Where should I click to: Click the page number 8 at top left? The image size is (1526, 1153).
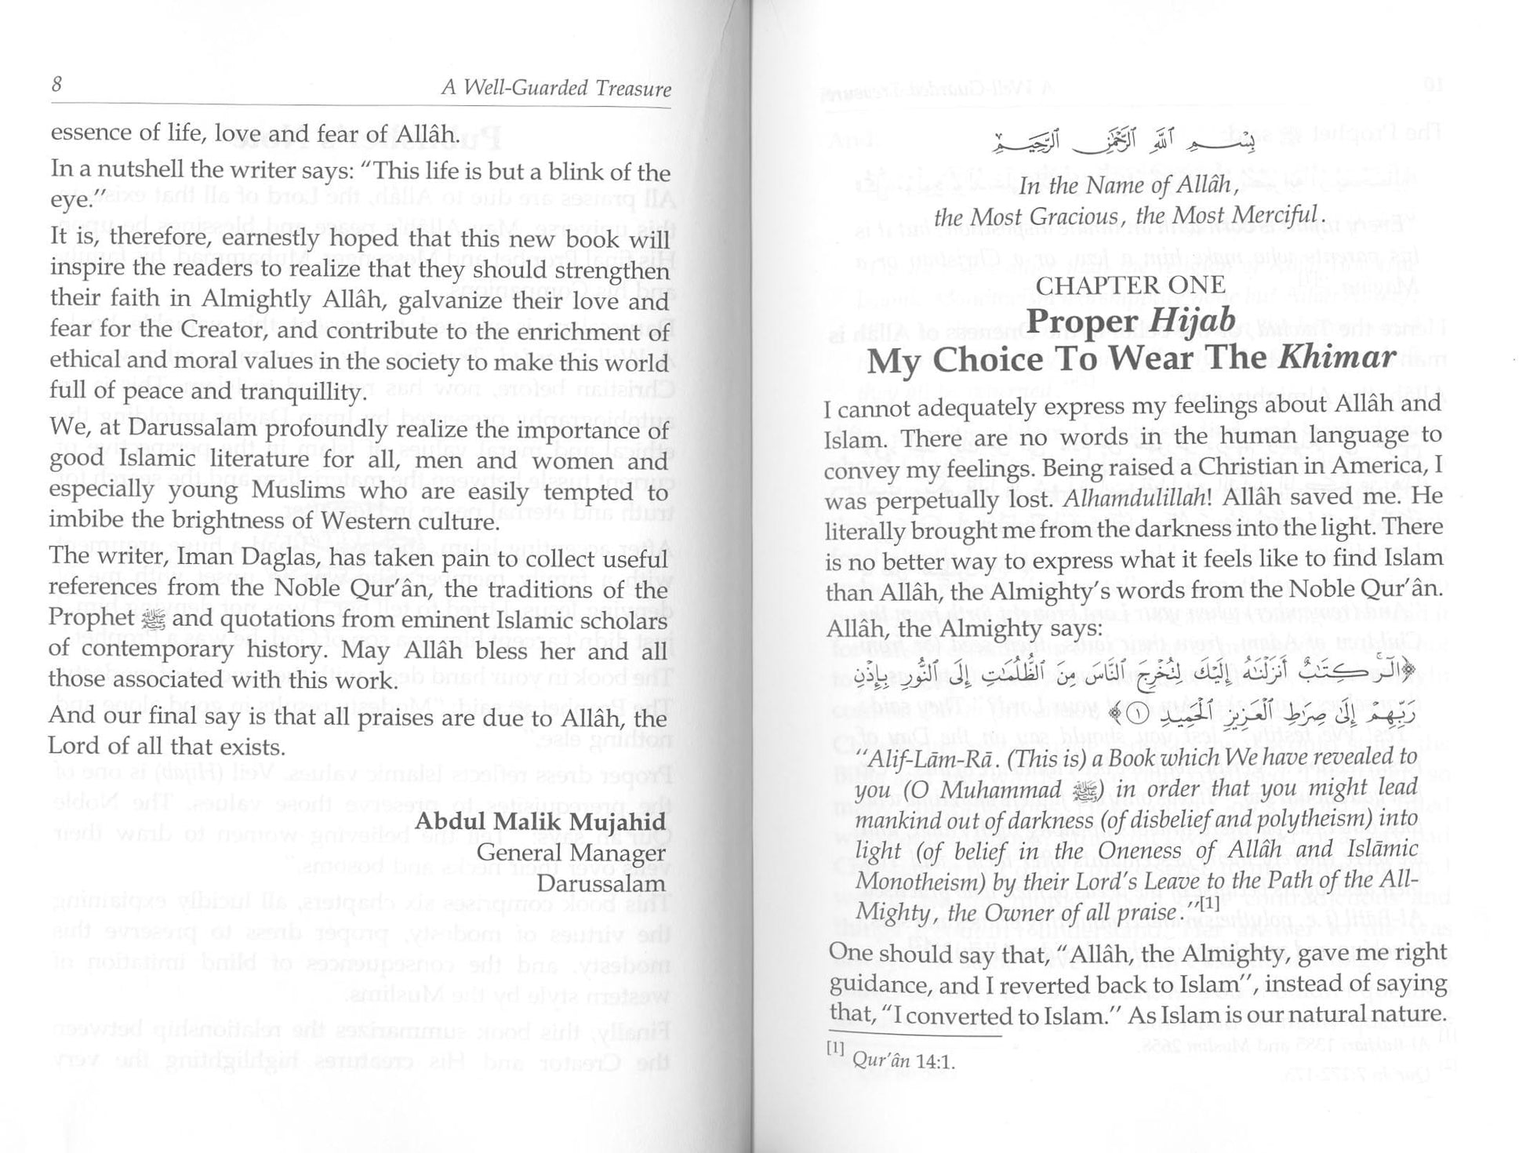tap(56, 84)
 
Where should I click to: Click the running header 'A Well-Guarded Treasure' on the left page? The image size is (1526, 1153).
tap(556, 88)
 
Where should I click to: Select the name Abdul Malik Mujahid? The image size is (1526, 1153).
tap(540, 823)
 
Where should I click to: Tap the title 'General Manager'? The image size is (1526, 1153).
tap(571, 853)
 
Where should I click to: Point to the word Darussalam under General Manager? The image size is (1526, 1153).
tap(601, 883)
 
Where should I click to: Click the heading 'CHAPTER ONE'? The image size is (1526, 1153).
tap(1130, 286)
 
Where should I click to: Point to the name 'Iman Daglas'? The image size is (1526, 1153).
tap(245, 558)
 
